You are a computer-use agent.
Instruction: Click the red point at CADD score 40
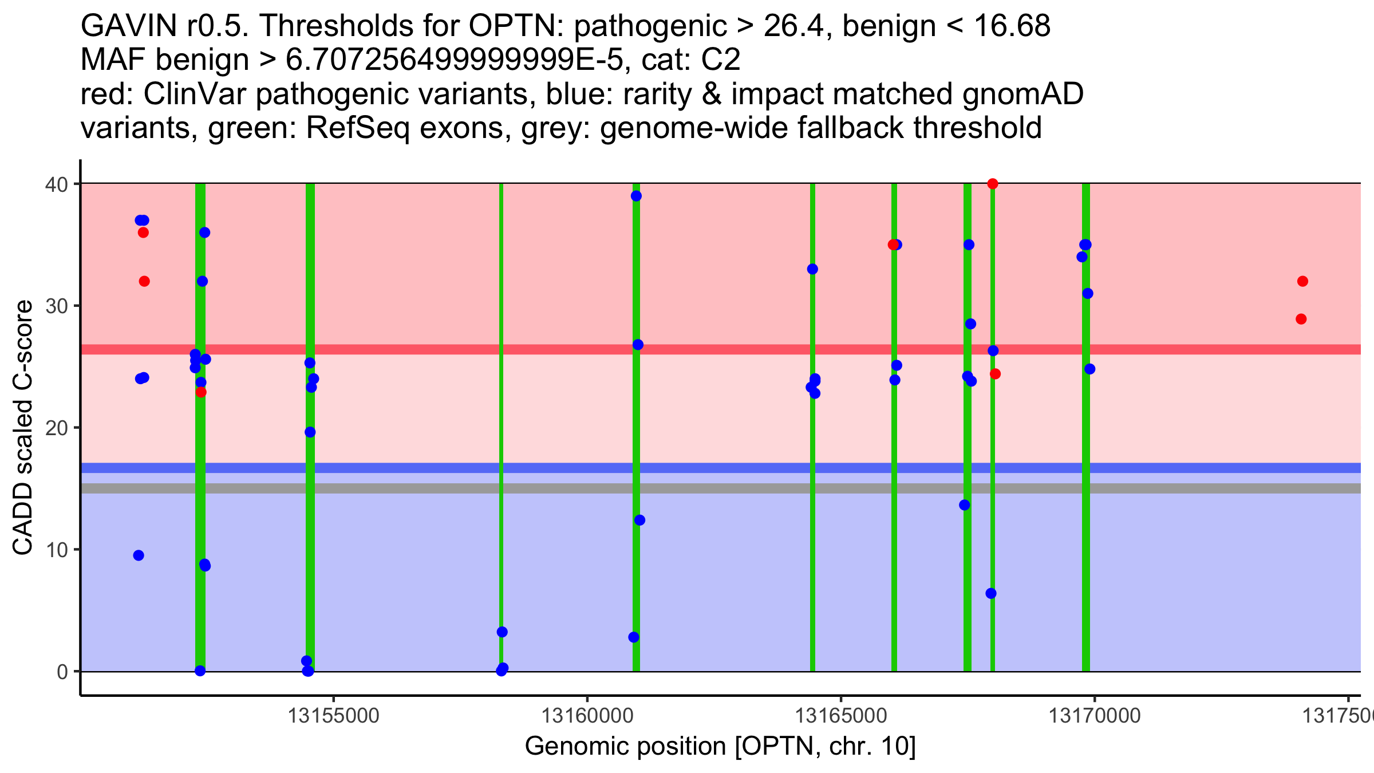click(993, 184)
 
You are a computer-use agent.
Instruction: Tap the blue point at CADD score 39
click(636, 196)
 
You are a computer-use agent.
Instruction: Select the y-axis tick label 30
click(56, 306)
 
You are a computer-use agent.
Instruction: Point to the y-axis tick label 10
click(56, 550)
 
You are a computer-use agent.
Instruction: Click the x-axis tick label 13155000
click(333, 716)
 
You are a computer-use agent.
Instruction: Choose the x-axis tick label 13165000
click(841, 716)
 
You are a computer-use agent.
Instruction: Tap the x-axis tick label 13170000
click(1095, 716)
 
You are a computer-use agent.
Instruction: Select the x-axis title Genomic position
click(720, 747)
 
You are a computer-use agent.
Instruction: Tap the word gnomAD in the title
click(1022, 94)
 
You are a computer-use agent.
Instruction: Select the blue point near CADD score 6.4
click(991, 593)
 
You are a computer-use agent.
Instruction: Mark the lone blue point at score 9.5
click(139, 555)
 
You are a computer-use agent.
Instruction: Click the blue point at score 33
click(812, 269)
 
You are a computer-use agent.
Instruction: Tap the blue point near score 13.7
click(965, 505)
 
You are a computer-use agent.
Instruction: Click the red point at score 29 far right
click(1301, 319)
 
